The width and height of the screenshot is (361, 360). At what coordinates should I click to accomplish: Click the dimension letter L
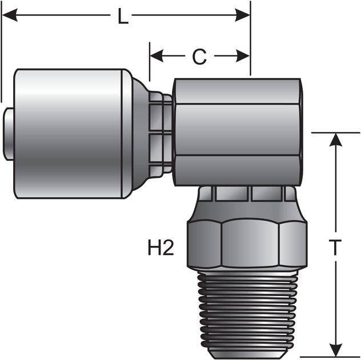tap(122, 16)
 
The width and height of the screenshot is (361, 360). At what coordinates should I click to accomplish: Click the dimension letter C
tap(199, 56)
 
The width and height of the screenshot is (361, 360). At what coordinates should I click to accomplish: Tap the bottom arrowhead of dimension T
tap(335, 351)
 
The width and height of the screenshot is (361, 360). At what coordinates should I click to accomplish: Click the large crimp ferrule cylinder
tap(69, 134)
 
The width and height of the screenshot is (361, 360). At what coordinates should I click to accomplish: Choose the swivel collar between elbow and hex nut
tap(234, 194)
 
